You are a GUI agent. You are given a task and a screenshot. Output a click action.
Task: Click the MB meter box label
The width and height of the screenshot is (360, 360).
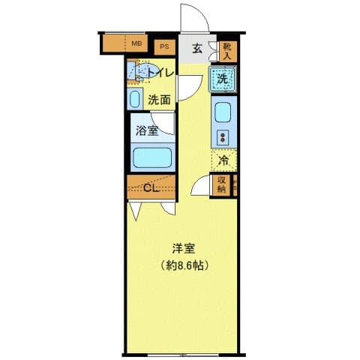coord(136,43)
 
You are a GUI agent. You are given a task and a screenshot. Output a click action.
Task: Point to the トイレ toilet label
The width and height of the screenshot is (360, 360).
coord(160,72)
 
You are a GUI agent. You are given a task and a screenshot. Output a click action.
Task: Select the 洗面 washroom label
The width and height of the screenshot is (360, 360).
coord(158,99)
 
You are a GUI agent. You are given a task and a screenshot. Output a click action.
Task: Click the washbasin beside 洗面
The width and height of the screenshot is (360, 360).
coord(135,99)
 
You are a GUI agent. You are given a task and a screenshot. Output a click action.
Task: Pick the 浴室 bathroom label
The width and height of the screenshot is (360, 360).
coord(146,130)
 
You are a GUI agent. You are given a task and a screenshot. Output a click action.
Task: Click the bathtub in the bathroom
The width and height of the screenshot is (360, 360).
coord(152,158)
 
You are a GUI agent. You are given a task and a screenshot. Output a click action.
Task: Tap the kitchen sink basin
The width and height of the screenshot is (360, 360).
coord(223,112)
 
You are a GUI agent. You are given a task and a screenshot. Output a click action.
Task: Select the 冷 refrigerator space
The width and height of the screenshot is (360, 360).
coord(223,159)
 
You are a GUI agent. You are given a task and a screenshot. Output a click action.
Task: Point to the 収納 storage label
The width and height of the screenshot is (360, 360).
coord(222,184)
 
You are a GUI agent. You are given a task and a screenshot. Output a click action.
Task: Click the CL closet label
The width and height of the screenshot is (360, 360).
coord(151,187)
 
